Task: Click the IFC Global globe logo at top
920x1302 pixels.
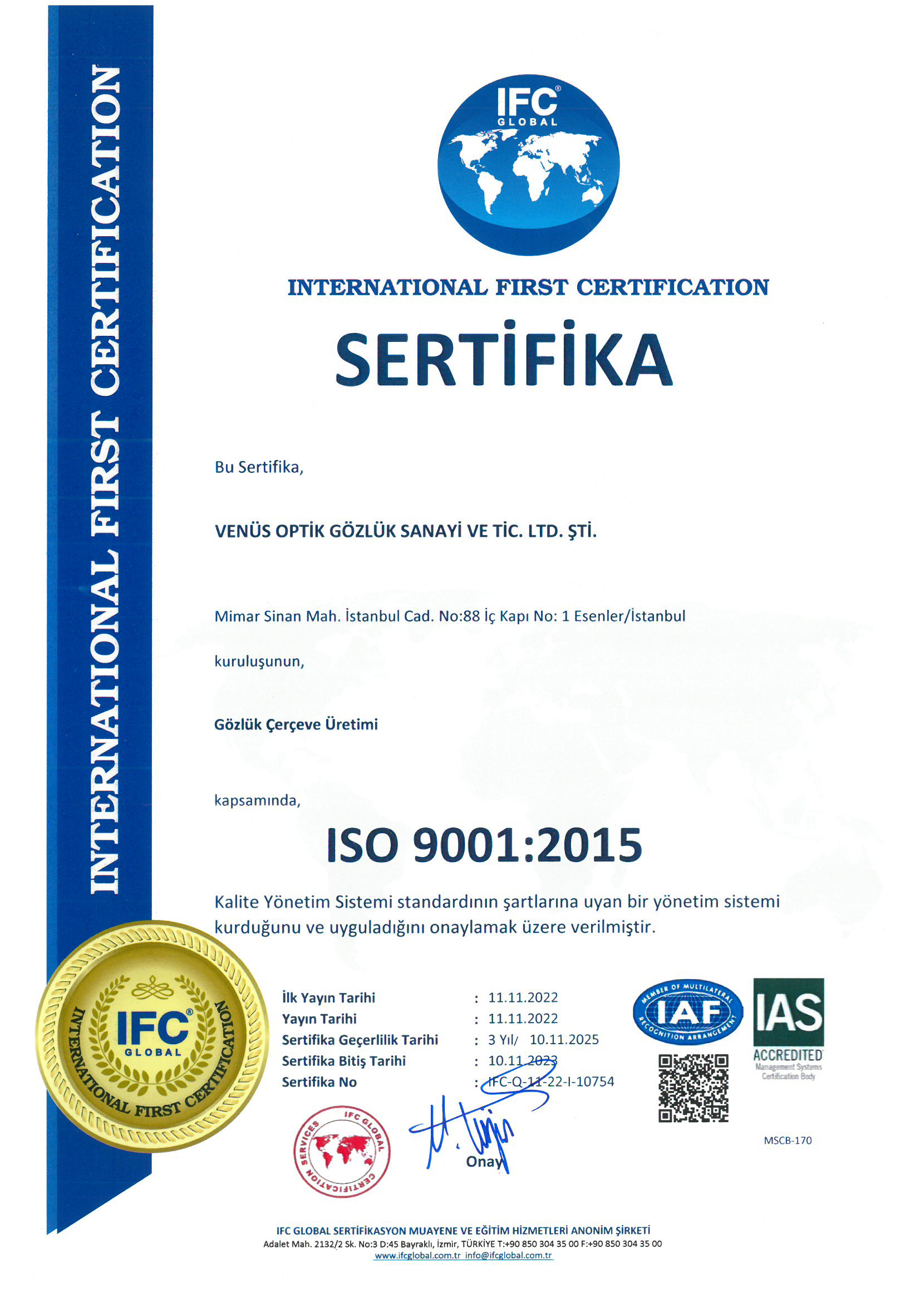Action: tap(528, 164)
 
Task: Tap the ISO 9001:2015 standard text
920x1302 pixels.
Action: tap(484, 845)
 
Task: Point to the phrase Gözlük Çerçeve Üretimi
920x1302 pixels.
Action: tap(296, 725)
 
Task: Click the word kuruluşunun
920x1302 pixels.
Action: tap(259, 661)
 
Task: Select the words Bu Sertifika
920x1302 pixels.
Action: tap(259, 467)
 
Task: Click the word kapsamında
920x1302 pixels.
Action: tap(257, 800)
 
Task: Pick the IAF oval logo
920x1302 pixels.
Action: tap(687, 1012)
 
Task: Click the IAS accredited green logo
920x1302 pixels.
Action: tap(788, 1021)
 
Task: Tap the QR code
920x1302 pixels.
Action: tap(693, 1088)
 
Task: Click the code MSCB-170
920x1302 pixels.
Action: tap(788, 1141)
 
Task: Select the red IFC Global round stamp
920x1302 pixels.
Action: tap(342, 1152)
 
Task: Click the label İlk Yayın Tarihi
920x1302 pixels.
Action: tap(328, 997)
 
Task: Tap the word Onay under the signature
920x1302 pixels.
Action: tap(484, 1162)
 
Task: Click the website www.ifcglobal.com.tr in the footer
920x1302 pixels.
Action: tap(417, 1255)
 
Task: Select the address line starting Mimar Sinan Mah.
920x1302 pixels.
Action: tap(450, 616)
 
